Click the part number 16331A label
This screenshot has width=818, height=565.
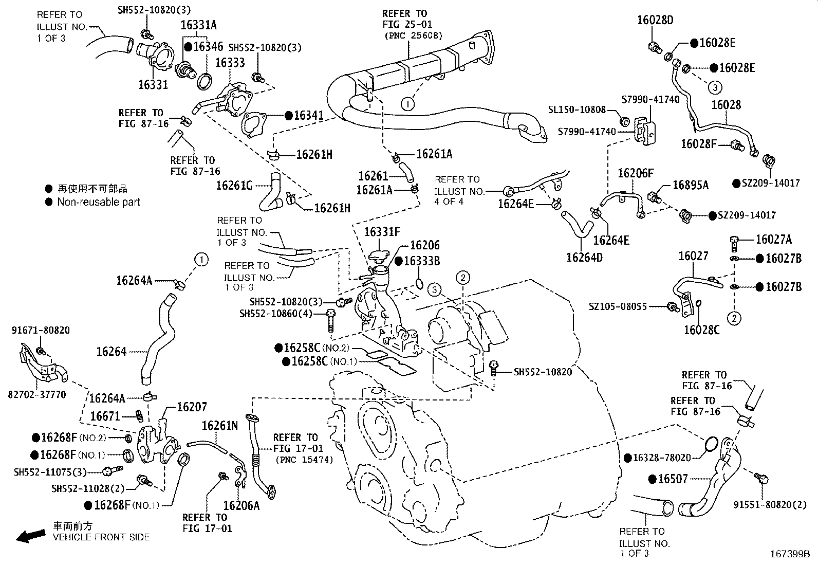pyautogui.click(x=198, y=25)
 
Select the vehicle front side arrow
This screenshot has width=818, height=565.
pyautogui.click(x=30, y=536)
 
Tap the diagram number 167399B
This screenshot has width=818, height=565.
pyautogui.click(x=789, y=554)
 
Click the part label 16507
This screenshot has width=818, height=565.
pyautogui.click(x=673, y=479)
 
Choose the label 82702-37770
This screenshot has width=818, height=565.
pyautogui.click(x=37, y=395)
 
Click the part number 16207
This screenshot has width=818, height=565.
pyautogui.click(x=192, y=407)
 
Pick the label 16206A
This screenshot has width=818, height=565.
pyautogui.click(x=241, y=505)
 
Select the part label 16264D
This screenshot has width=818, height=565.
pyautogui.click(x=584, y=257)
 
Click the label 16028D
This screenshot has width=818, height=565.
pyautogui.click(x=655, y=20)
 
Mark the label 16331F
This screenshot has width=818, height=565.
pyautogui.click(x=382, y=232)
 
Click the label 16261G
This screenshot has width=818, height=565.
pyautogui.click(x=234, y=185)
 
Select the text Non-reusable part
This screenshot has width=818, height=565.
pyautogui.click(x=99, y=202)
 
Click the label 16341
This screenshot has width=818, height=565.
pyautogui.click(x=309, y=116)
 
